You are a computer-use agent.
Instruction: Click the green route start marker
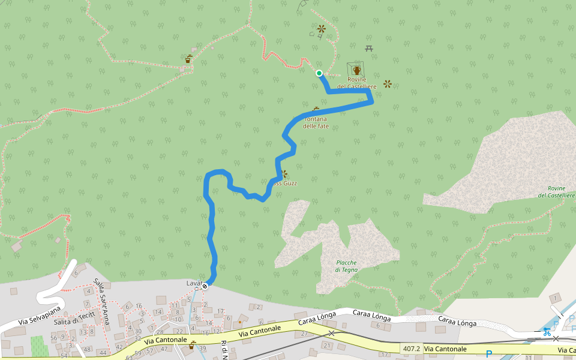click(x=319, y=73)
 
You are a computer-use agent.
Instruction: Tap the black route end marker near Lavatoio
click(x=205, y=286)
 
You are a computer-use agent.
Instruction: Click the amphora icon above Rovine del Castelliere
click(x=357, y=71)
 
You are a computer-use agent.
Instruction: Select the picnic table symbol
click(x=369, y=48)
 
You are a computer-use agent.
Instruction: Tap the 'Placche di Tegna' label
click(x=346, y=266)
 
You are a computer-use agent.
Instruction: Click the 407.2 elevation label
click(x=411, y=348)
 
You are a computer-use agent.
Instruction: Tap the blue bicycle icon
click(x=547, y=331)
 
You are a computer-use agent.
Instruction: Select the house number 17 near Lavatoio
click(x=221, y=311)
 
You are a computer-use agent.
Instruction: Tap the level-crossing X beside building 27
click(x=331, y=333)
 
